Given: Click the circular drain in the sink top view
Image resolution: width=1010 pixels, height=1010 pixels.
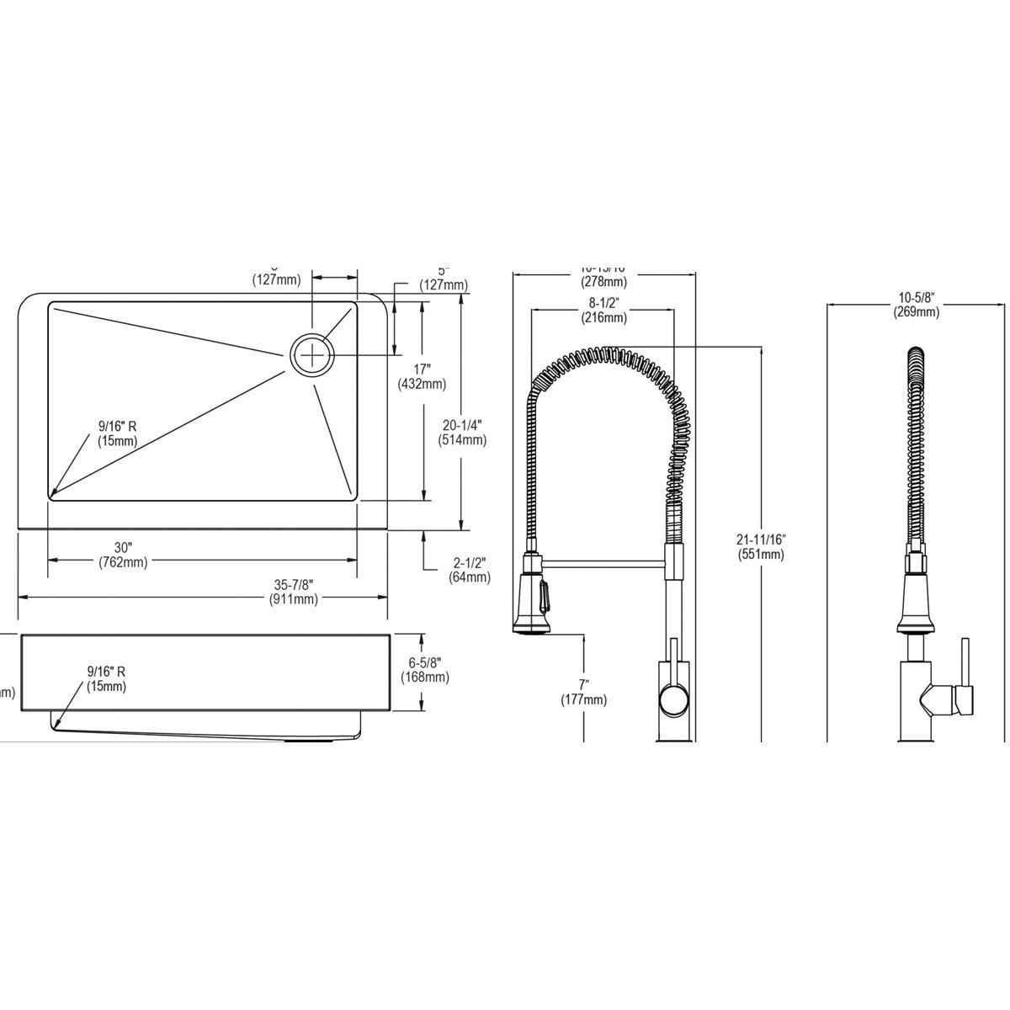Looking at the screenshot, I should coord(312,355).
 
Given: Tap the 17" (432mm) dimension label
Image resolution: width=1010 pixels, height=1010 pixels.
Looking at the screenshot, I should coord(422,376).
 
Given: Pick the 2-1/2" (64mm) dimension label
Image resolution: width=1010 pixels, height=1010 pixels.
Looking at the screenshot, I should coord(470,569).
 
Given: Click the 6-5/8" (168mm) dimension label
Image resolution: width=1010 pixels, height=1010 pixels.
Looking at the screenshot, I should coord(424,670).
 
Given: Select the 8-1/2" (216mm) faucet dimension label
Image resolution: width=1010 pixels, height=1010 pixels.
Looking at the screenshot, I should coord(603,311).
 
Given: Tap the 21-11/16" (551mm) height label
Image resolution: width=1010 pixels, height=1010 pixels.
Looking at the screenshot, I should coord(760,546).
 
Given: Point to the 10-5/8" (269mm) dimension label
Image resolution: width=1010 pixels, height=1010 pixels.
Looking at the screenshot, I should coord(916,305).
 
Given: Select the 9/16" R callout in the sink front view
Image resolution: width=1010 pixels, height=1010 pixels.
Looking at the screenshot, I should coord(106,678).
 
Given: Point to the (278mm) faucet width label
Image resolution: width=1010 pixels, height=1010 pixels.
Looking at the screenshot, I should coord(603,281).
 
